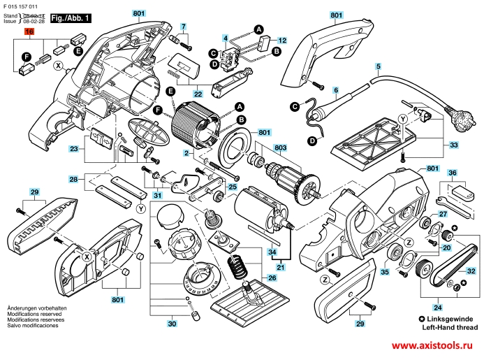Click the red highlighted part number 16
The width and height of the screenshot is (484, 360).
pos(29,31)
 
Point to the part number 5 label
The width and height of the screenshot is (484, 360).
pos(378,67)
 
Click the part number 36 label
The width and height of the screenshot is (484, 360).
pos(453,172)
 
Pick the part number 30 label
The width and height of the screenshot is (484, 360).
pos(172,324)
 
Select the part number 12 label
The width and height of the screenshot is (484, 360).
pos(283,40)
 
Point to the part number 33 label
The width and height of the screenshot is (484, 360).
pos(454,145)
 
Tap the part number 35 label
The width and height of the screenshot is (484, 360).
pos(384,272)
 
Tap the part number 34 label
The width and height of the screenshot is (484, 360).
pos(273,252)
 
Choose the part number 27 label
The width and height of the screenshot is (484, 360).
pos(443,214)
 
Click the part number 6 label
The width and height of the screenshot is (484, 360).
pos(335,90)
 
